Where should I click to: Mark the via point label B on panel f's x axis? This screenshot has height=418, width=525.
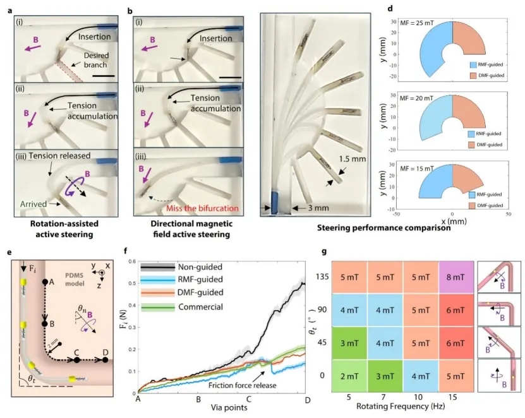coord(198,399)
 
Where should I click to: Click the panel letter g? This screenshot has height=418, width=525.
coord(324,253)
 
